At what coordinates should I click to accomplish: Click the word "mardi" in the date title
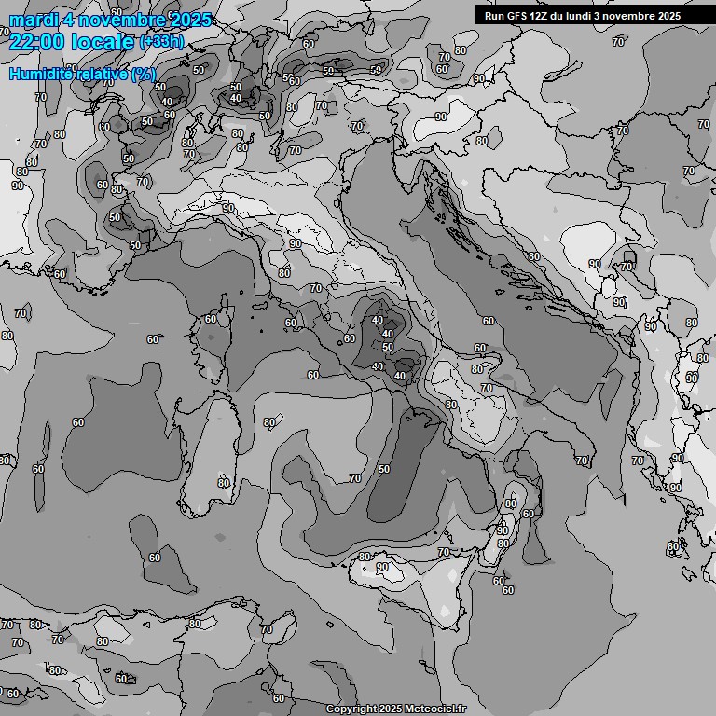(x=31, y=21)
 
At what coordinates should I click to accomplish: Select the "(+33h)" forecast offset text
(x=161, y=42)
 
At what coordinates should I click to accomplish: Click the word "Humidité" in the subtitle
(x=43, y=74)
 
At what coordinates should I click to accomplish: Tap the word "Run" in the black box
(x=494, y=16)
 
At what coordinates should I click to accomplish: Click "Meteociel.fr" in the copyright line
(x=434, y=709)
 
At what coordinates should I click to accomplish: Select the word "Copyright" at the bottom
(x=351, y=709)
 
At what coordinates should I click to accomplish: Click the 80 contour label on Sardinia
(x=224, y=482)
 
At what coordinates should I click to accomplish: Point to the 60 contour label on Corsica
(x=211, y=319)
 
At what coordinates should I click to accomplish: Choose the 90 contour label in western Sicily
(x=382, y=567)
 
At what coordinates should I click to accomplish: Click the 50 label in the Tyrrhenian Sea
(x=384, y=469)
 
